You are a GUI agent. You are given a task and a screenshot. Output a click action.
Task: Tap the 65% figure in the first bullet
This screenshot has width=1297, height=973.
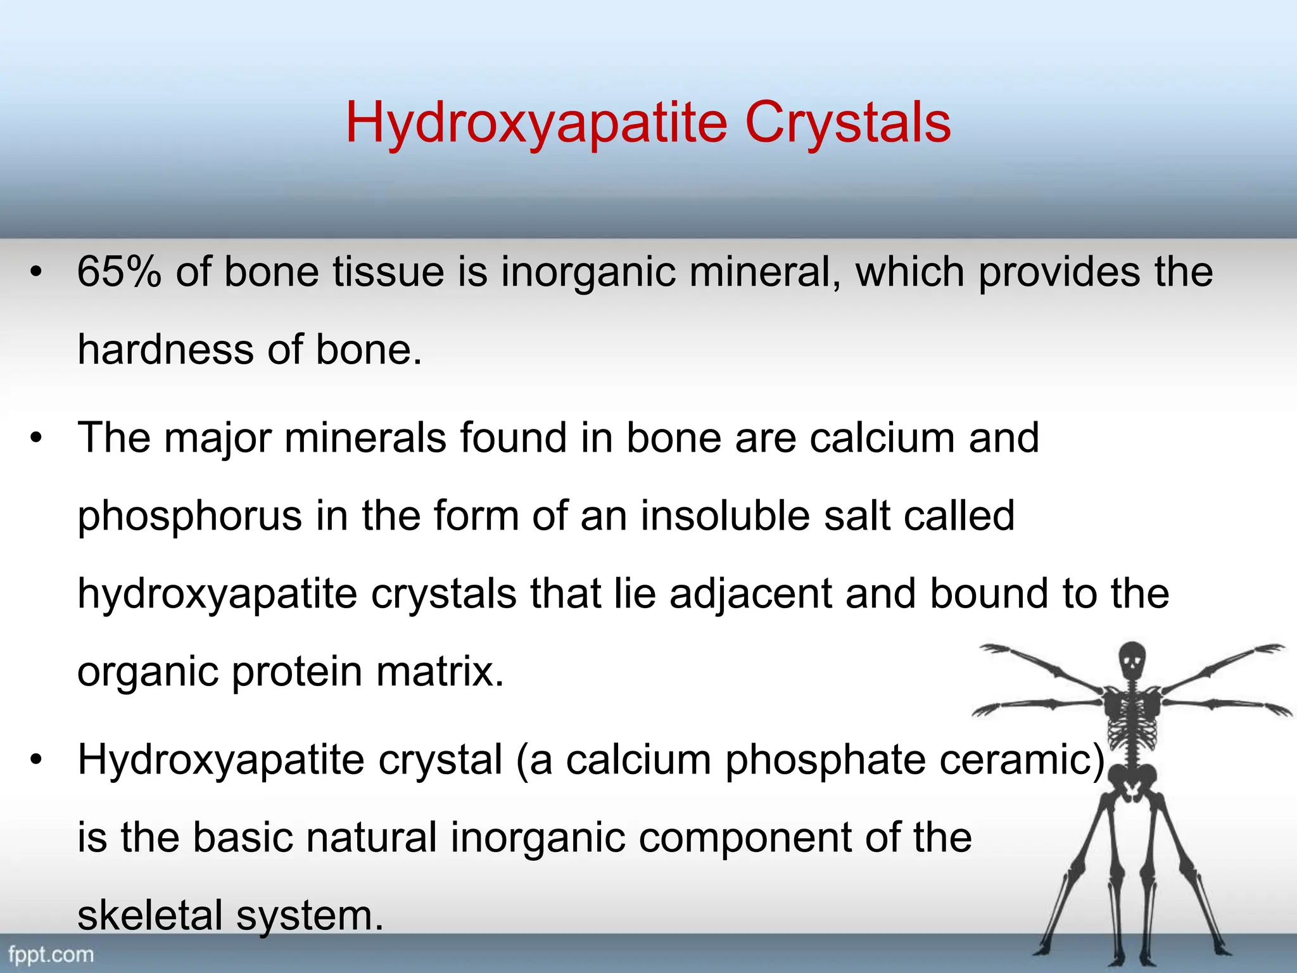coord(119,272)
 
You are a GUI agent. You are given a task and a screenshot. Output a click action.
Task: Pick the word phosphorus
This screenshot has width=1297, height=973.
coord(189,517)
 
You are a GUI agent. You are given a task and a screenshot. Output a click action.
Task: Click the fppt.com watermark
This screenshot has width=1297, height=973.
coord(51,955)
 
